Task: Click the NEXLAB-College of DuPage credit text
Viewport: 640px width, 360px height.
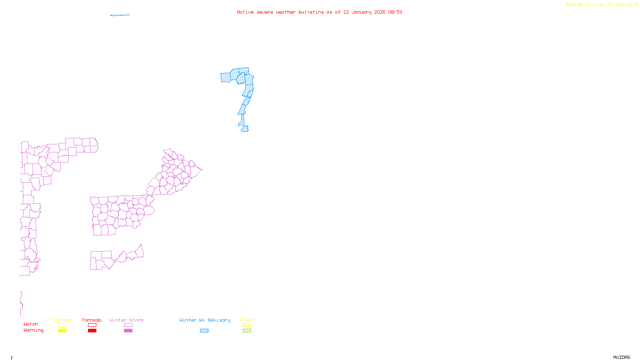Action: [x=599, y=5]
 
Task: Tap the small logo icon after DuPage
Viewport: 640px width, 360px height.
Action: [x=636, y=4]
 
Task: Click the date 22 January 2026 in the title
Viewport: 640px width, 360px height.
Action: [x=364, y=12]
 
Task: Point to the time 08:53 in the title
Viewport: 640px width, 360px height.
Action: [x=395, y=12]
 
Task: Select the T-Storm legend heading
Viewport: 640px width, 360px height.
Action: [x=62, y=320]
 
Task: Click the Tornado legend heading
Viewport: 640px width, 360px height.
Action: [x=92, y=320]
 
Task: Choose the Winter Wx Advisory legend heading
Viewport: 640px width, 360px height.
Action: [x=205, y=320]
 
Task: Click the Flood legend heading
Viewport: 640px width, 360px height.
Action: [x=247, y=320]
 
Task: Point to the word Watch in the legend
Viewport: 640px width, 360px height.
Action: [x=31, y=324]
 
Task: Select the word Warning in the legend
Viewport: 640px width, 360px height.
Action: [x=34, y=330]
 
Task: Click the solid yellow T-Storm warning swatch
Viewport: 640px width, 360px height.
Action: [x=62, y=331]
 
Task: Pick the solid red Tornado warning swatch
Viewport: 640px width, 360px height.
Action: [x=92, y=331]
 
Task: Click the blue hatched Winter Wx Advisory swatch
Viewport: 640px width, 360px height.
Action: [x=204, y=331]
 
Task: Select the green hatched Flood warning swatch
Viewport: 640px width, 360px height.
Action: [x=247, y=331]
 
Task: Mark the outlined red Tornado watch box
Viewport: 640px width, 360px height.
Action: [x=92, y=325]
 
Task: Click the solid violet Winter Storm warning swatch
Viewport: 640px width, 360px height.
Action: [x=128, y=331]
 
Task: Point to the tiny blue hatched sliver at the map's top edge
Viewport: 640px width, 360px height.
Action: [x=120, y=15]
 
